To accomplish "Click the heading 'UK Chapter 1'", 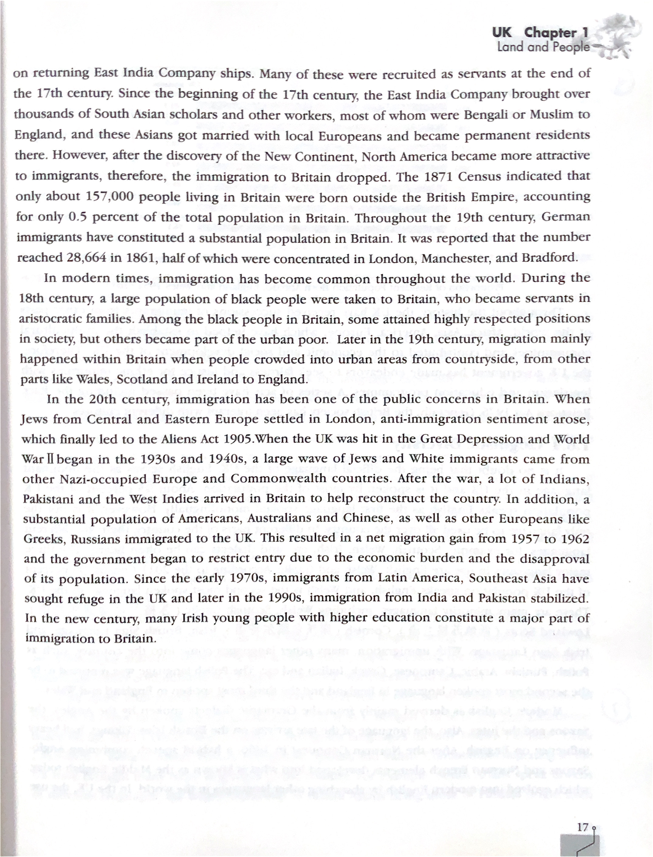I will click(x=540, y=33).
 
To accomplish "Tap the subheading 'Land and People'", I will click(x=543, y=47).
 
